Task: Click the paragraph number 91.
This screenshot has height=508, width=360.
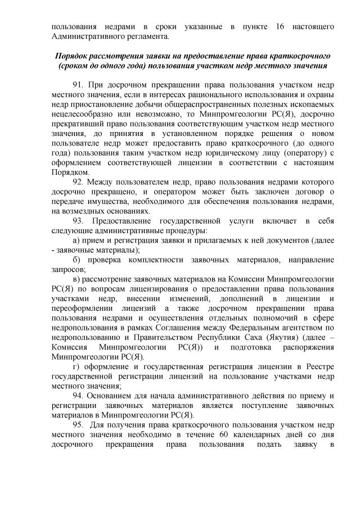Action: pos(79,85)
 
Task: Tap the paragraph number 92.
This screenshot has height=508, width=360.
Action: pos(79,182)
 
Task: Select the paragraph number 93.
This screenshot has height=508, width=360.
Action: pos(79,221)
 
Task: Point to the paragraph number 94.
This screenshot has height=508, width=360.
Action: pos(79,396)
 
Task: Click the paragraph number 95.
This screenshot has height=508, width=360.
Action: pos(79,425)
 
